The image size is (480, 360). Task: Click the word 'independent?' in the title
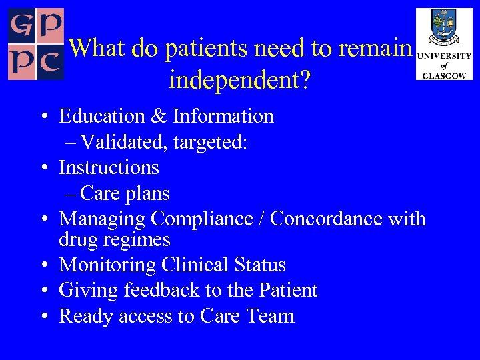pyautogui.click(x=240, y=80)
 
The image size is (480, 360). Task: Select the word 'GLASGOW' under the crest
pyautogui.click(x=444, y=76)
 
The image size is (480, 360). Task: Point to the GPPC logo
pyautogui.click(x=35, y=44)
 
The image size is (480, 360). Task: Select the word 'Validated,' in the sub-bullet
pyautogui.click(x=117, y=142)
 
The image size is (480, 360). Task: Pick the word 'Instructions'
pyautogui.click(x=109, y=167)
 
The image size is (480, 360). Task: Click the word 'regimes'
pyautogui.click(x=143, y=240)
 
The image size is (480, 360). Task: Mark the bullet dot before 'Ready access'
pyautogui.click(x=43, y=317)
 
